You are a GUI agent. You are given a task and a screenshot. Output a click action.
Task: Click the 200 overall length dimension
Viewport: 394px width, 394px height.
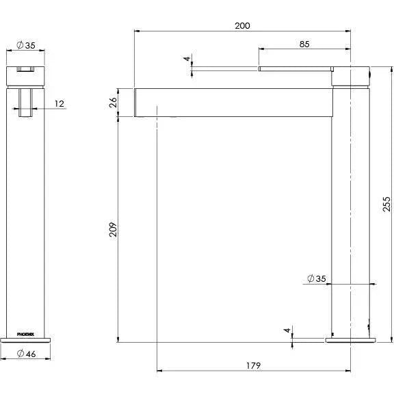[x=242, y=25]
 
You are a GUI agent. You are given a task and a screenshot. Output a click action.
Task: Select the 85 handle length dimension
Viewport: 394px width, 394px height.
[x=304, y=44]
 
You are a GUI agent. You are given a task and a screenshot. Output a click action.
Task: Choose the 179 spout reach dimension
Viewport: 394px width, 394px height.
[x=253, y=366]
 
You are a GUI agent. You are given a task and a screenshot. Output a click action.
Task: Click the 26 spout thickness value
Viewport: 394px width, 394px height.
[x=114, y=103]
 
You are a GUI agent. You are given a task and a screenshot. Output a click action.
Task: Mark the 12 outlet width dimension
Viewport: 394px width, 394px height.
[x=59, y=103]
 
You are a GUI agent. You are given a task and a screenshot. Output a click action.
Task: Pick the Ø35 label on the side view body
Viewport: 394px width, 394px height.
[x=316, y=278]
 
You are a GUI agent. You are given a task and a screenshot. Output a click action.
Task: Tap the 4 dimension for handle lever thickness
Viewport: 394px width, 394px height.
[x=186, y=60]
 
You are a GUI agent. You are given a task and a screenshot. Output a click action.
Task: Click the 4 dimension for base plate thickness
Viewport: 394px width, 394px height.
[x=287, y=331]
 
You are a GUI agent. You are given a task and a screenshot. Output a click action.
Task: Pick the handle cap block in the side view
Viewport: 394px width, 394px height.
[x=350, y=75]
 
